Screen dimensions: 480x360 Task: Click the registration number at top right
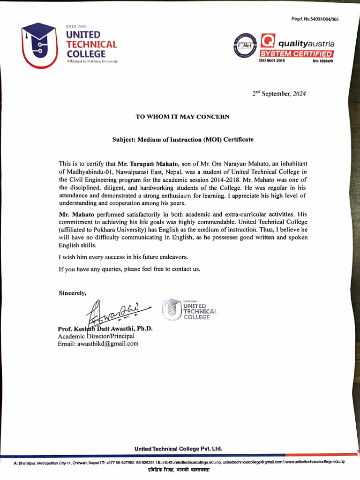pyautogui.click(x=315, y=19)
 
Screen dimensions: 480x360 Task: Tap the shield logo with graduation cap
pyautogui.click(x=40, y=45)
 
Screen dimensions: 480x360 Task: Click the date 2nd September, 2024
pyautogui.click(x=279, y=93)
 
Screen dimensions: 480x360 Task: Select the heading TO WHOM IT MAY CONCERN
pyautogui.click(x=182, y=117)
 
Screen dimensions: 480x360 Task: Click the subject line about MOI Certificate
pyautogui.click(x=182, y=140)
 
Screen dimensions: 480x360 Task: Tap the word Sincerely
pyautogui.click(x=72, y=293)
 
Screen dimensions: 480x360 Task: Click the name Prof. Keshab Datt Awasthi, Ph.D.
pyautogui.click(x=105, y=329)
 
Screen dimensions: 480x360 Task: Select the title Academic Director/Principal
pyautogui.click(x=96, y=336)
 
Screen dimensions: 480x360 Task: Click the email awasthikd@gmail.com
pyautogui.click(x=98, y=344)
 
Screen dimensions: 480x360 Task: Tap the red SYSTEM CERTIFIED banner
pyautogui.click(x=297, y=54)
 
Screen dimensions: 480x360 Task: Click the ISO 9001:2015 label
pyautogui.click(x=272, y=61)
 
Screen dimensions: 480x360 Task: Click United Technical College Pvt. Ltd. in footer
pyautogui.click(x=178, y=449)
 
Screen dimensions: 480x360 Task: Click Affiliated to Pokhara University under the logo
pyautogui.click(x=92, y=61)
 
